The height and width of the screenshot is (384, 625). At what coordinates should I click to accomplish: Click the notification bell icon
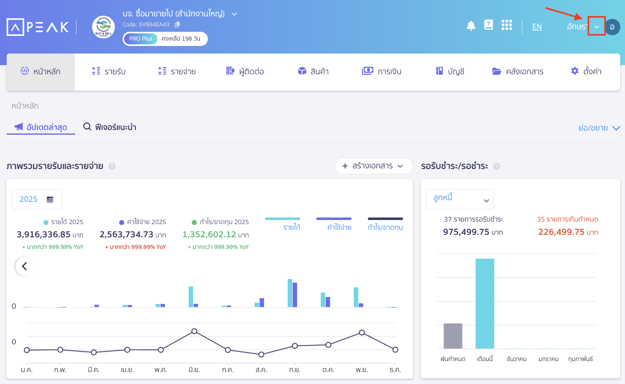click(471, 26)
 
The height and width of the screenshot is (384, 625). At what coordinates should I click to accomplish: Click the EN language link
click(537, 27)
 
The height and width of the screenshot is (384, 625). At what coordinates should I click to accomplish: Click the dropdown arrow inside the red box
click(596, 27)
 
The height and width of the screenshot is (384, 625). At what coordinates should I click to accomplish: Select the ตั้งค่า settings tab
click(586, 71)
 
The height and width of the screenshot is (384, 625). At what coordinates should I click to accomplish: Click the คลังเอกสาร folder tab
click(518, 71)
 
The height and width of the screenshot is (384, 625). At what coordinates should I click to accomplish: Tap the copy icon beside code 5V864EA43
click(177, 24)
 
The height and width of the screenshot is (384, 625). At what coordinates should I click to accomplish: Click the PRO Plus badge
click(141, 39)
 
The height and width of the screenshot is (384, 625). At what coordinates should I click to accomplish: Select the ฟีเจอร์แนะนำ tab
click(110, 127)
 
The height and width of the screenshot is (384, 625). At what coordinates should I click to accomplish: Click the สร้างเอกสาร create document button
click(373, 166)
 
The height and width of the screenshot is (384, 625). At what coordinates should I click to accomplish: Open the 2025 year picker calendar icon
click(50, 199)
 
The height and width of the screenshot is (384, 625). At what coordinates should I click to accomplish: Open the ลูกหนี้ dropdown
click(460, 199)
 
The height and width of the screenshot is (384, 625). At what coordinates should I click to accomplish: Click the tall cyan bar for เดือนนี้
click(484, 303)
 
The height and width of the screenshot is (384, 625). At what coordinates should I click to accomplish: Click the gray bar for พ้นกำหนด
click(453, 336)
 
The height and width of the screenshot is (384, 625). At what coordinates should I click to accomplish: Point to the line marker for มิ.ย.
click(194, 331)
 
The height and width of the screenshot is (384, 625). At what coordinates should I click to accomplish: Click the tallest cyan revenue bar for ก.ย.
click(290, 293)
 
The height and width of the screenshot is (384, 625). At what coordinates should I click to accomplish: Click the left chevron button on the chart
click(25, 266)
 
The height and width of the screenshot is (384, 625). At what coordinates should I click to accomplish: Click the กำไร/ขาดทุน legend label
click(385, 227)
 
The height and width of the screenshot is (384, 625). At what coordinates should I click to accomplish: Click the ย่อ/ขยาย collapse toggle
click(599, 128)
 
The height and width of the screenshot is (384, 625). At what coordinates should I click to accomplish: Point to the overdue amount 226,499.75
click(561, 232)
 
